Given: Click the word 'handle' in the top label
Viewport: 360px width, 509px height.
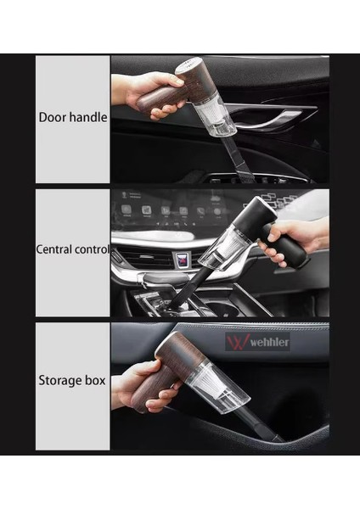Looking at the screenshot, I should click(x=87, y=117).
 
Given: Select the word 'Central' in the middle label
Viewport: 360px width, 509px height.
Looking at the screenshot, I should click(x=58, y=249).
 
